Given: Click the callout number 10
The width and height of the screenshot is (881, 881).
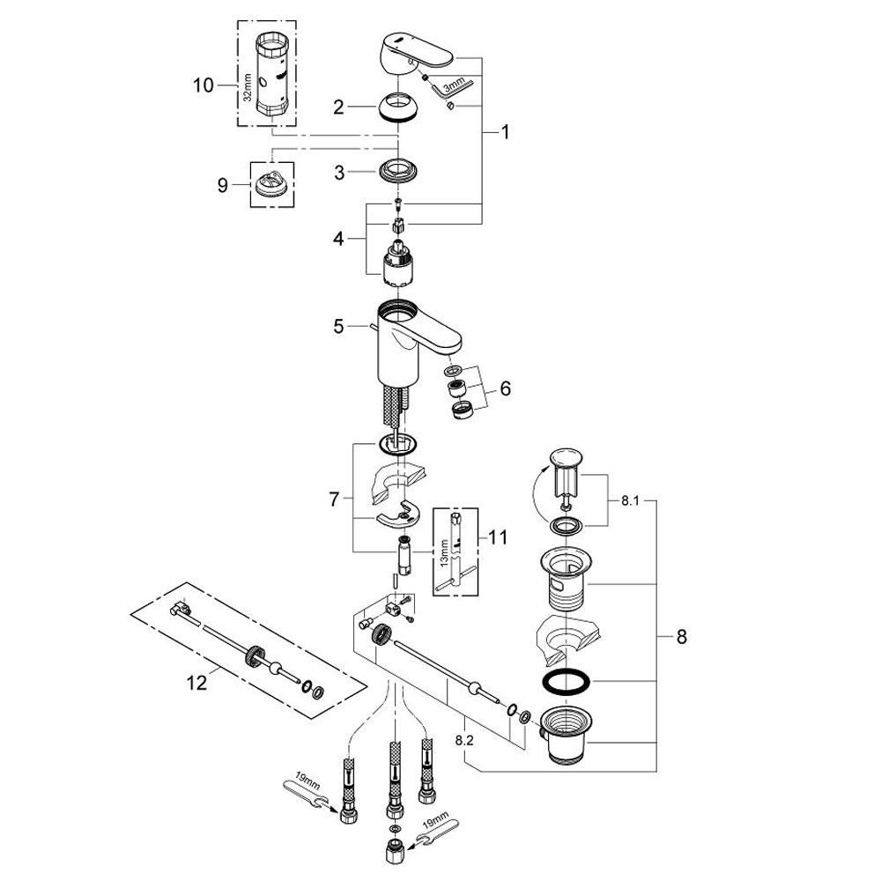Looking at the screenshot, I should [204, 85].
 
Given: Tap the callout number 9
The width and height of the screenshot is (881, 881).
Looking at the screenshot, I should [222, 185].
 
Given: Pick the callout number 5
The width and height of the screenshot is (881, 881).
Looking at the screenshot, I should [339, 327].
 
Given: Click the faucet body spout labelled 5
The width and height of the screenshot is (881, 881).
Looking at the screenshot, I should [414, 339].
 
